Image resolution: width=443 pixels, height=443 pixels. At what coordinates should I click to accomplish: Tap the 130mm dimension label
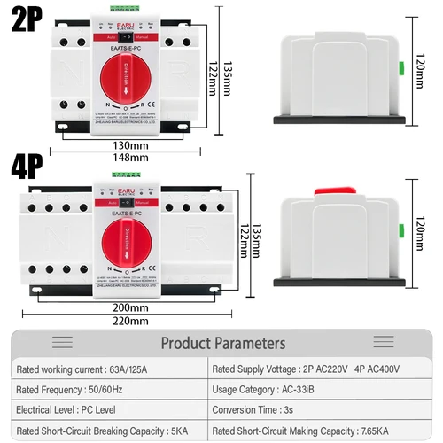pyautogui.click(x=131, y=145)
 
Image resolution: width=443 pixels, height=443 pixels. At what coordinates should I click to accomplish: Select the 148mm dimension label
pyautogui.click(x=131, y=158)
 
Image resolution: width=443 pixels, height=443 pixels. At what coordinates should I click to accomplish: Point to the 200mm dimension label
pyautogui.click(x=131, y=308)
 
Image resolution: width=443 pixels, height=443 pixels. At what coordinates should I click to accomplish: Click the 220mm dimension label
pyautogui.click(x=131, y=321)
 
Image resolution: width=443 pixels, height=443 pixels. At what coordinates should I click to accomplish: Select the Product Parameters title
pyautogui.click(x=222, y=343)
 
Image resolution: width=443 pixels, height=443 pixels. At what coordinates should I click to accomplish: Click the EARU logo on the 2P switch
pyautogui.click(x=129, y=25)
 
